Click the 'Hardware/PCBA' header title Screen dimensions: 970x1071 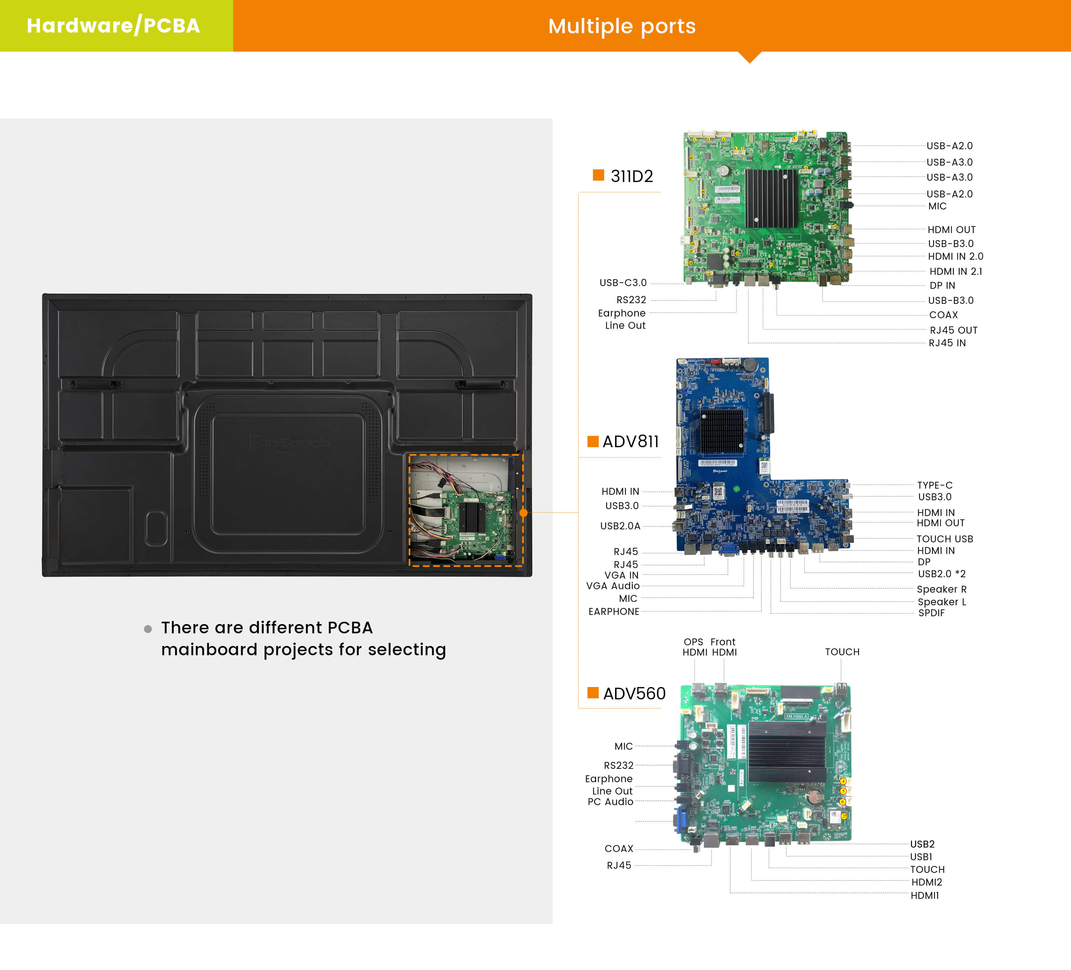[x=113, y=26]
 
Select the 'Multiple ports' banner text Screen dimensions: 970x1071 [x=622, y=26]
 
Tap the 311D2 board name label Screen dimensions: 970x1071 [x=632, y=176]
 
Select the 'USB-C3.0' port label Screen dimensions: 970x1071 [x=623, y=283]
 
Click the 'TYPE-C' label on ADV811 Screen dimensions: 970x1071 [x=935, y=485]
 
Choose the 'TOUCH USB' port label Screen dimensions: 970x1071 [x=944, y=539]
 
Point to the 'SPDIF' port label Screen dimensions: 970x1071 [x=931, y=613]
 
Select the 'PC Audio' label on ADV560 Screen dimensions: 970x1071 [x=610, y=802]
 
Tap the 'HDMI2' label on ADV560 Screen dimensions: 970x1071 [x=926, y=882]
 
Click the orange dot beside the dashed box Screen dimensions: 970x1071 [x=523, y=513]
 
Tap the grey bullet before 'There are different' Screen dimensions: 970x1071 [x=148, y=629]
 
